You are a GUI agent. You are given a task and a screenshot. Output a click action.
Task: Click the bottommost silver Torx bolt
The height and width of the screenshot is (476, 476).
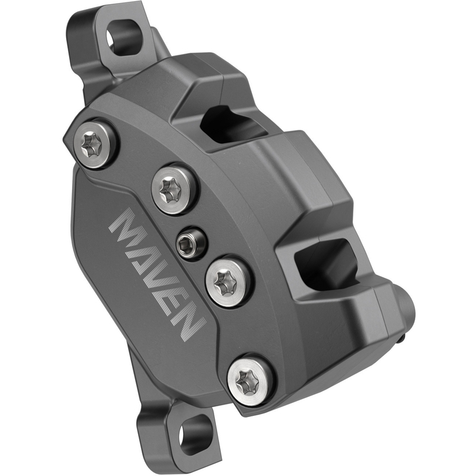click(250, 378)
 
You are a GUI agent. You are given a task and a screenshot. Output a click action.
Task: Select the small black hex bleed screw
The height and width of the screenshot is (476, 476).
click(189, 242)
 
